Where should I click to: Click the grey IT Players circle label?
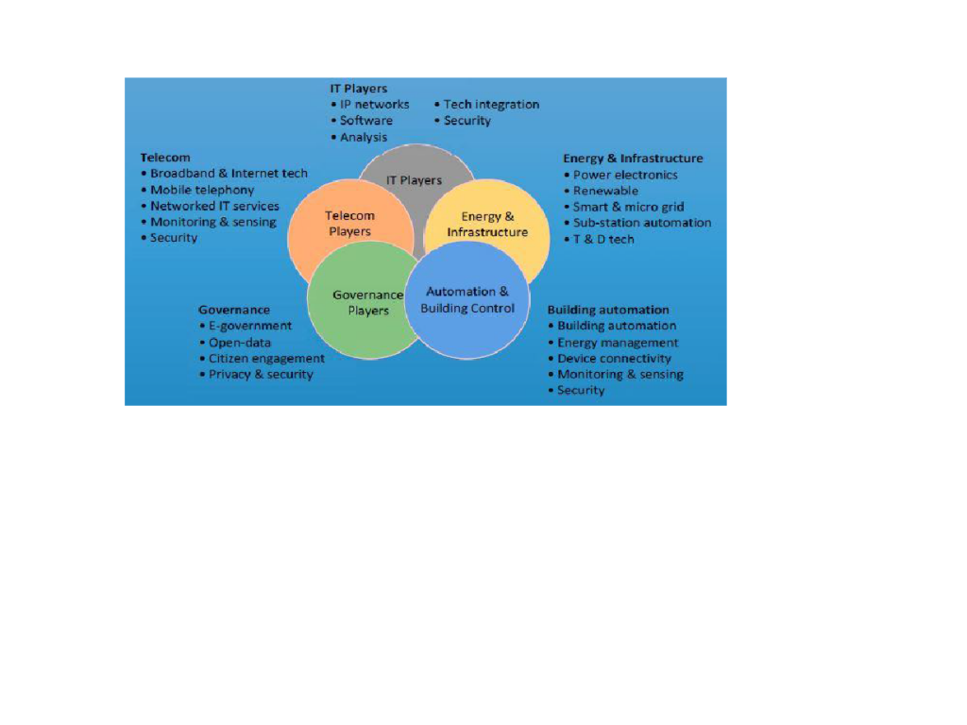click(x=414, y=180)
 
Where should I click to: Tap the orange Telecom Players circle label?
click(x=349, y=223)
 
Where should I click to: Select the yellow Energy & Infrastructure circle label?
click(x=487, y=225)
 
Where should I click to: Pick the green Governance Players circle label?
click(x=367, y=303)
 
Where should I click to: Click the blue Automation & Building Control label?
click(x=467, y=299)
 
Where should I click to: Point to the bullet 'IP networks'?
click(x=370, y=105)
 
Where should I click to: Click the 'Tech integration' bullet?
click(x=486, y=105)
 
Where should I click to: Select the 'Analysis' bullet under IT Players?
click(x=359, y=138)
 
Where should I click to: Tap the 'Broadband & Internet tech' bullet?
click(x=225, y=174)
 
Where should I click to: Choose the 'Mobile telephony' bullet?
click(x=197, y=190)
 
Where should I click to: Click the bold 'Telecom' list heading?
click(x=165, y=158)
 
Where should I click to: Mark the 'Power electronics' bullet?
click(x=621, y=175)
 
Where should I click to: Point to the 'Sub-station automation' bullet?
click(x=637, y=223)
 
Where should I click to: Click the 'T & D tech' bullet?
click(x=599, y=239)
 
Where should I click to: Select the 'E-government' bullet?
click(x=246, y=326)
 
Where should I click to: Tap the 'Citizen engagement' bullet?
click(x=263, y=359)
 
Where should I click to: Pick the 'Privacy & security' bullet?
click(x=256, y=375)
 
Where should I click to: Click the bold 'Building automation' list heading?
click(x=608, y=310)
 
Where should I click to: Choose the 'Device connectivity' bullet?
click(x=610, y=359)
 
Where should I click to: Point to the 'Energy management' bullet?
click(x=614, y=343)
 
